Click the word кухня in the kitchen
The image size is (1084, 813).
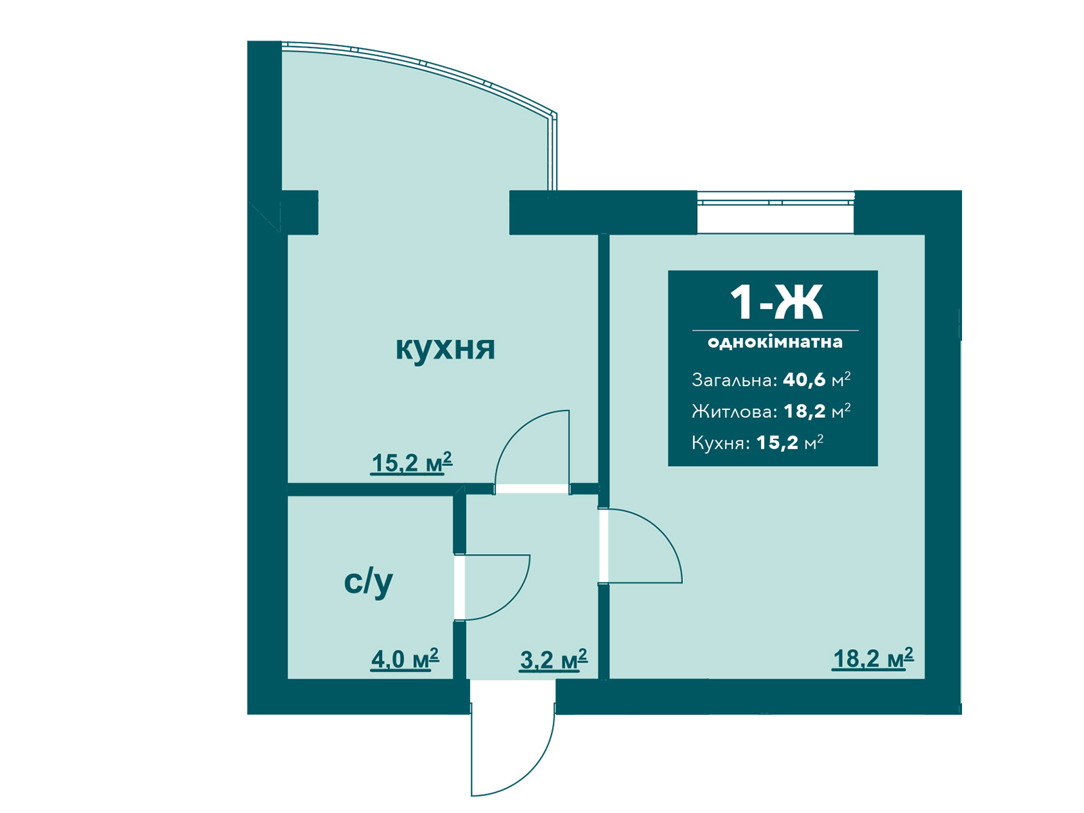(x=445, y=348)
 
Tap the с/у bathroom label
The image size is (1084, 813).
(x=368, y=583)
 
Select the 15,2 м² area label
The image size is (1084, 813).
(x=411, y=463)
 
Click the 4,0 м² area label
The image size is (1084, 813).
(x=404, y=659)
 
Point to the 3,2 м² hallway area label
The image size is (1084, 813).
(x=553, y=659)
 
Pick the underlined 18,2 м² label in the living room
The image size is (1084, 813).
(x=873, y=659)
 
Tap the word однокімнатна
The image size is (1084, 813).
(x=775, y=342)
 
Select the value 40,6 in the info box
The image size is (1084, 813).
(x=804, y=379)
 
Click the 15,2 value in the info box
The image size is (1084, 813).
(x=777, y=443)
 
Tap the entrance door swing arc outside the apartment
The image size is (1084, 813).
(x=535, y=772)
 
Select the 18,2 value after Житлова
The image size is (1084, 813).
(x=804, y=411)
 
